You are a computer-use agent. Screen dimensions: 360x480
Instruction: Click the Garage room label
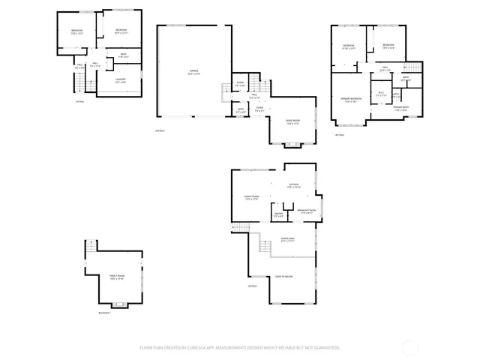(x=193, y=72)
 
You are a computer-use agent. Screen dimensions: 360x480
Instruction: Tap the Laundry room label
(x=120, y=80)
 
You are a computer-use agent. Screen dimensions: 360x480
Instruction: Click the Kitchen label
(x=294, y=186)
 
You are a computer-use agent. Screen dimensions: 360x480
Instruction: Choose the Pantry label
(x=278, y=214)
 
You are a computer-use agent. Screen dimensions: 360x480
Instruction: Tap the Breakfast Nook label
(x=307, y=211)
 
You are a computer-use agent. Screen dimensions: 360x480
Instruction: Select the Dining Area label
(x=287, y=240)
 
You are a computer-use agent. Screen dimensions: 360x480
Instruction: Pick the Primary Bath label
(x=400, y=108)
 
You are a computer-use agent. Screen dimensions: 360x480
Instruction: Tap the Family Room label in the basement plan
(x=115, y=277)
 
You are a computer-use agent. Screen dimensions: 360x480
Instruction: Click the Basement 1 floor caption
(x=104, y=313)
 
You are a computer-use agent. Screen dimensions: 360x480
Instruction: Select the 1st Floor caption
(x=79, y=101)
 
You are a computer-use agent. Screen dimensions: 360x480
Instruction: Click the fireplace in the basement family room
(x=116, y=304)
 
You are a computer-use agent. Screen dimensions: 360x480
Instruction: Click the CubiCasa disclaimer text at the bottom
(x=240, y=347)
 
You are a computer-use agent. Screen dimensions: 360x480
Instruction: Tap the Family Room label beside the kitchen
(x=251, y=198)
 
